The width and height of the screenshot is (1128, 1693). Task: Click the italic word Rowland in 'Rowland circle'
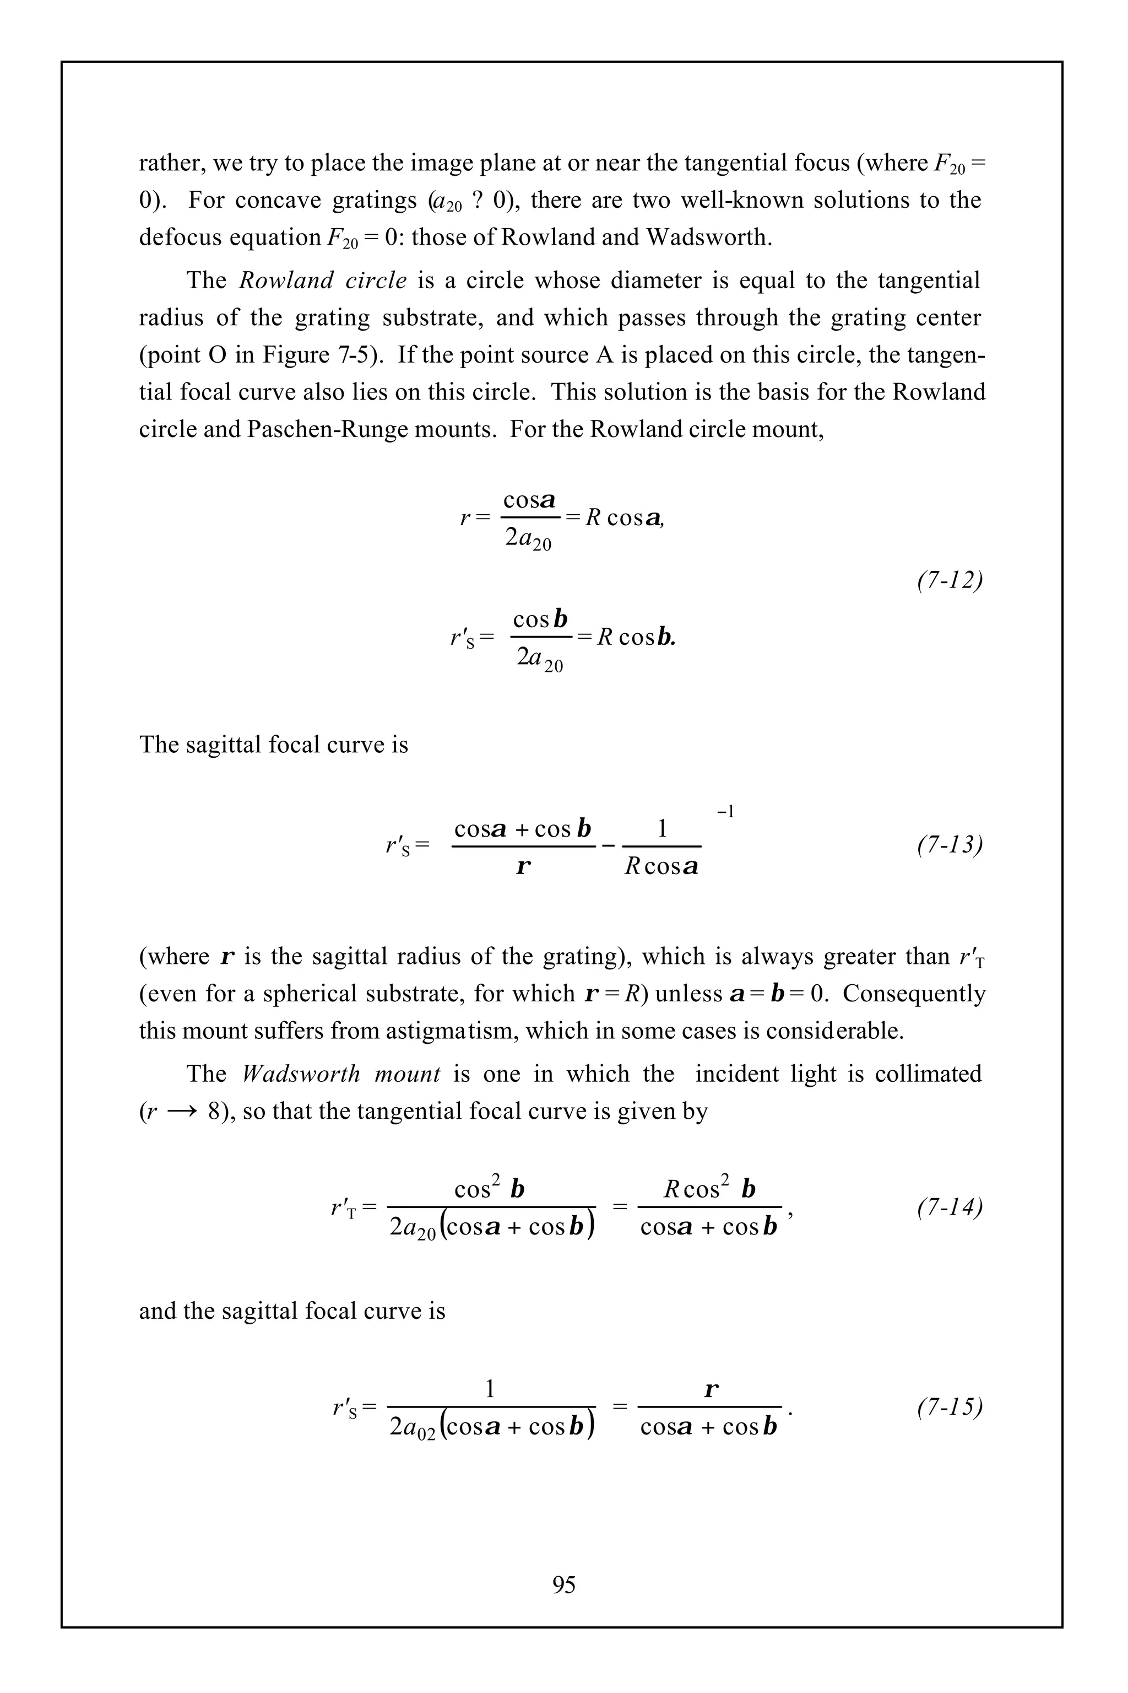tap(285, 280)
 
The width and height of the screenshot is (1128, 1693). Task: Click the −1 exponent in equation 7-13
tap(725, 812)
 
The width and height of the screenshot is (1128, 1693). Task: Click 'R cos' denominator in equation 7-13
tap(660, 866)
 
